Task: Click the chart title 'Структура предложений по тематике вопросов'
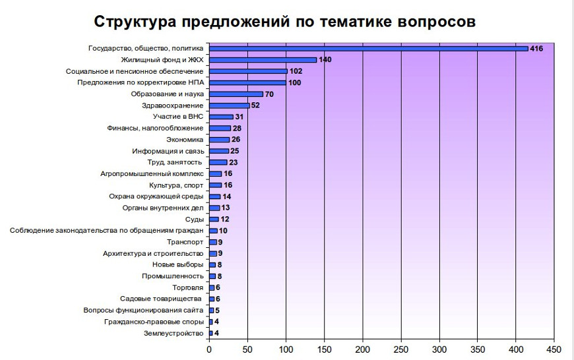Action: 284,21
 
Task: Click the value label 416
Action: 536,48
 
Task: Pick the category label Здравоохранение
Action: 173,105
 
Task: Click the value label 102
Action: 296,71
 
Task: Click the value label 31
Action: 239,117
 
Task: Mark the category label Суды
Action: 195,219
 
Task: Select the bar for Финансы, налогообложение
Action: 220,128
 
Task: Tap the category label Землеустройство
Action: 174,333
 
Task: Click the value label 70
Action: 269,94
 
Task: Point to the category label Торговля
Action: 188,287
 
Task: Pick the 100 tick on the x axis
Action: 286,349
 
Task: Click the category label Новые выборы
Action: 178,264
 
